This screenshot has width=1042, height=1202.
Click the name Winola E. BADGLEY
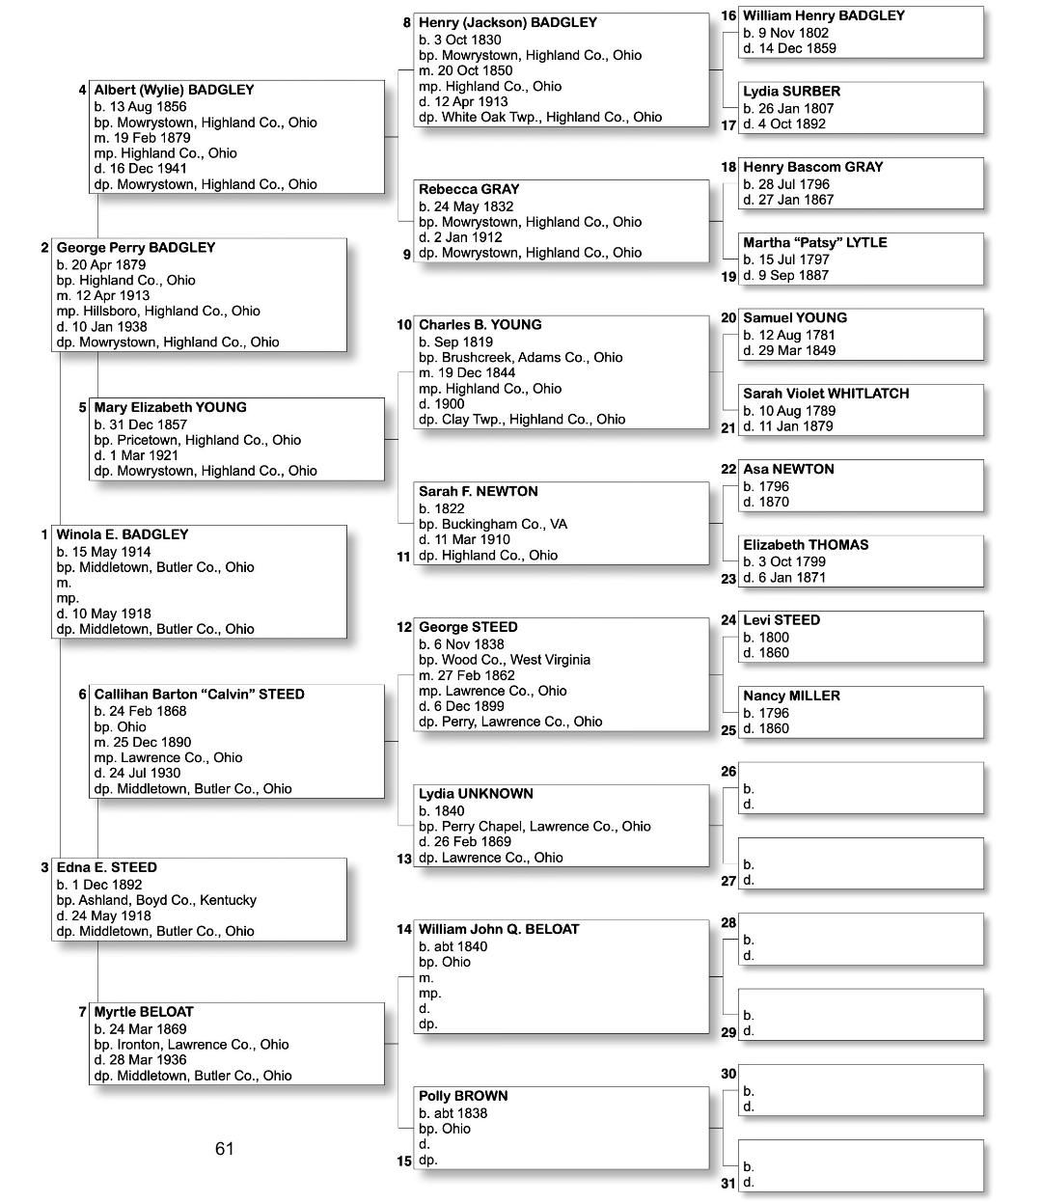click(x=123, y=534)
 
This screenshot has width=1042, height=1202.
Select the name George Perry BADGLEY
click(x=136, y=248)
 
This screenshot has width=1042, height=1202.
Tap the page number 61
click(x=225, y=1148)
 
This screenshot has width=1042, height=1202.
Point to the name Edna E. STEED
click(x=106, y=867)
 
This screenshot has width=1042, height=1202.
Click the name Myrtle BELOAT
click(x=144, y=1012)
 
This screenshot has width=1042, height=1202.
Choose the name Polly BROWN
click(x=463, y=1096)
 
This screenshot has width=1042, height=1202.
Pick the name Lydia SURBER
click(x=791, y=92)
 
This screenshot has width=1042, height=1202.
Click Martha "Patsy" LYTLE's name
click(x=814, y=243)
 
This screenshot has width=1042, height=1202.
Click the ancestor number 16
click(x=728, y=15)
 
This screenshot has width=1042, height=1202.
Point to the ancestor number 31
click(x=728, y=1183)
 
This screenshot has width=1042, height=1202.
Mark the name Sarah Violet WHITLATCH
click(x=826, y=394)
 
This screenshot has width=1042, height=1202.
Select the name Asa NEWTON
click(x=788, y=470)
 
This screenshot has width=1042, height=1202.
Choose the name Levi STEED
click(x=781, y=620)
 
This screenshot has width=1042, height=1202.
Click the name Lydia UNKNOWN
click(x=476, y=794)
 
